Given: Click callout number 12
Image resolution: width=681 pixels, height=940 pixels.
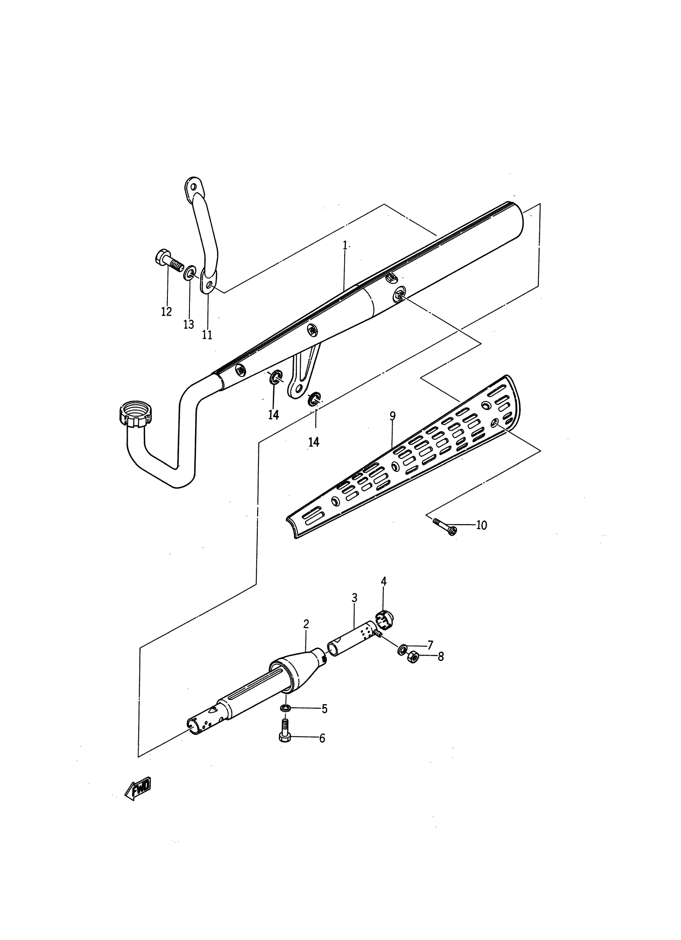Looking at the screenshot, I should click(x=166, y=311).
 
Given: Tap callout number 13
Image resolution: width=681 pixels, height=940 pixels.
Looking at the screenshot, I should click(x=189, y=324).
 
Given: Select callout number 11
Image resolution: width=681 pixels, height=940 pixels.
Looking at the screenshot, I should click(x=207, y=334).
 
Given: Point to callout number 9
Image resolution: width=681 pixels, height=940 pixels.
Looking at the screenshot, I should click(x=393, y=416).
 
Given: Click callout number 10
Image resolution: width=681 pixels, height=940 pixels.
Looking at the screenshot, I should click(x=481, y=525).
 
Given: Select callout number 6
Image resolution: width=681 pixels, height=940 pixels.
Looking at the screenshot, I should click(x=322, y=738).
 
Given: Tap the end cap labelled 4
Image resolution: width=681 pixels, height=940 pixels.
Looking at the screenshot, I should click(x=385, y=620).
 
